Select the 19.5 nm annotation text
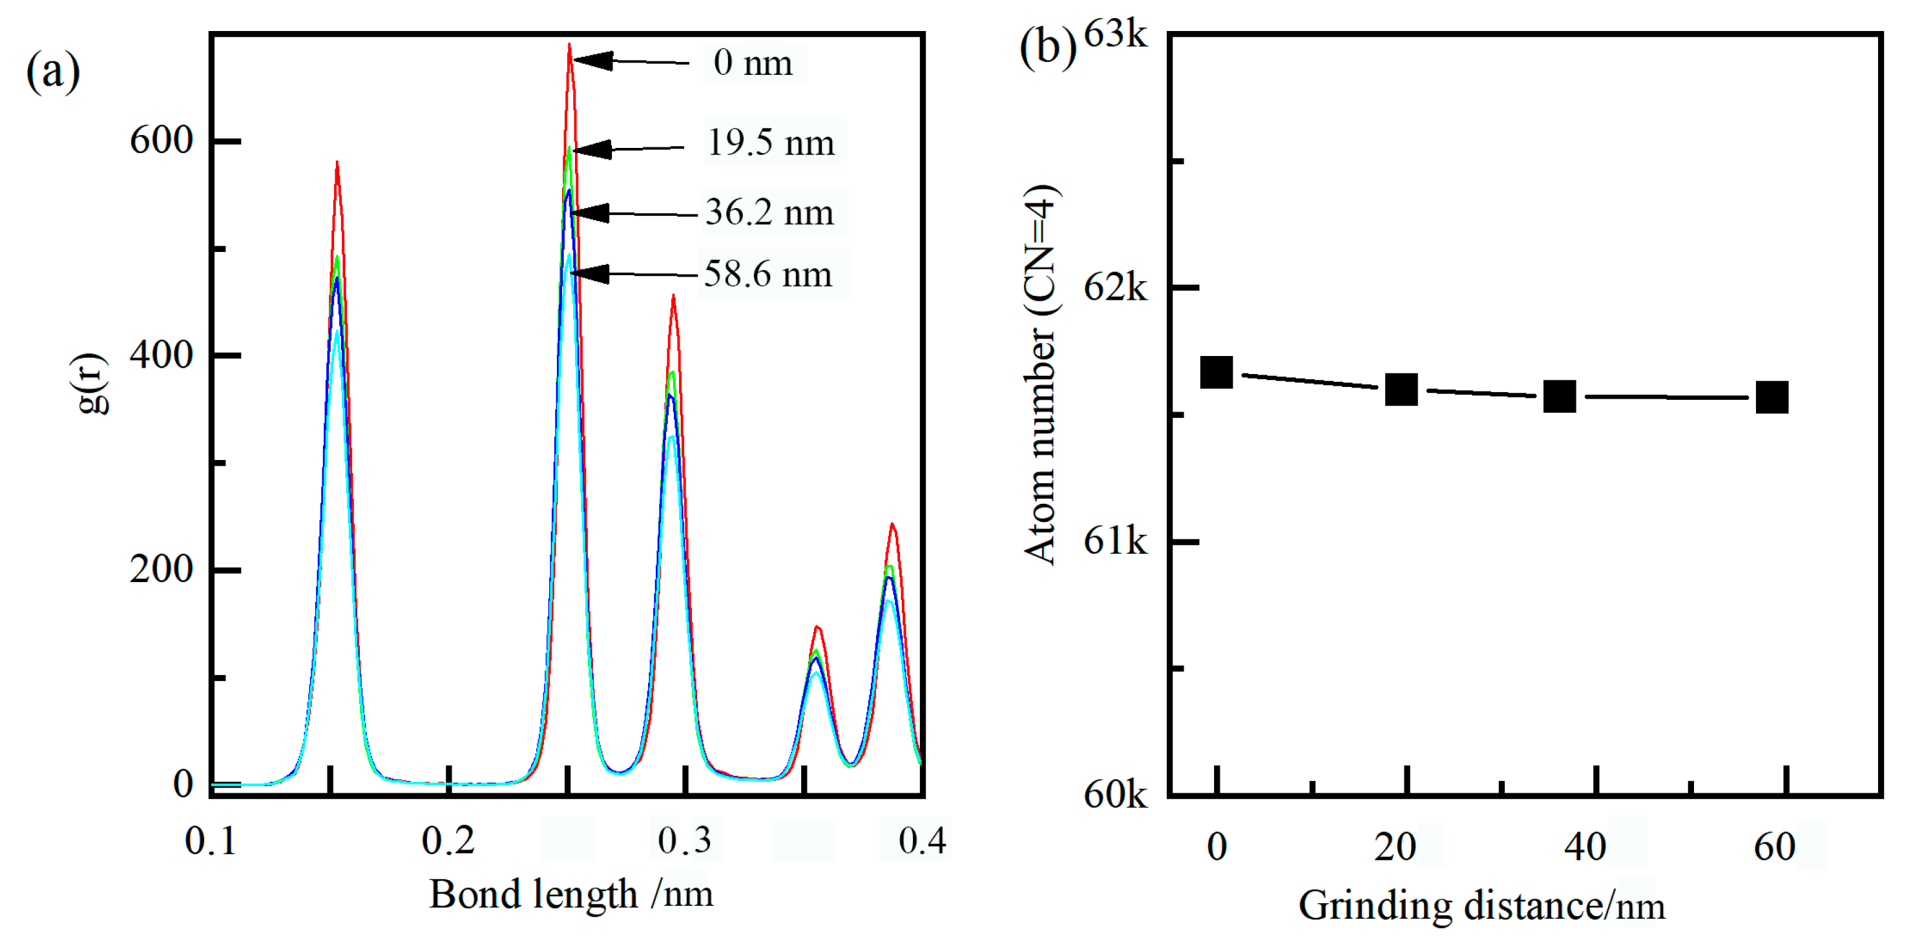pyautogui.click(x=771, y=142)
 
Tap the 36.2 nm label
pyautogui.click(x=769, y=213)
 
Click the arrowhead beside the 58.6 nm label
pyautogui.click(x=591, y=274)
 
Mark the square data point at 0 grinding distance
pyautogui.click(x=1217, y=373)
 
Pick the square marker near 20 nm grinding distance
pyautogui.click(x=1401, y=389)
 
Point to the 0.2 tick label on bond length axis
pyautogui.click(x=448, y=841)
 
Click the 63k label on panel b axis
pyautogui.click(x=1114, y=34)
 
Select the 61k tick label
pyautogui.click(x=1114, y=541)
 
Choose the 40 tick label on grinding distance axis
pyautogui.click(x=1585, y=847)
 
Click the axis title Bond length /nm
pyautogui.click(x=570, y=894)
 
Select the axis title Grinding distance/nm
pyautogui.click(x=1481, y=906)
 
